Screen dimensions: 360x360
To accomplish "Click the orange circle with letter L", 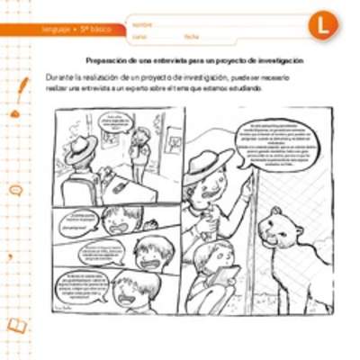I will tap(321, 25).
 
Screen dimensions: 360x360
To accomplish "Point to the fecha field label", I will tap(191, 37).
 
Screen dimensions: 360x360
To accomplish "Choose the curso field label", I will tap(139, 37).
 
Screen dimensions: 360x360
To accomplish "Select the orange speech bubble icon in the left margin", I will tap(15, 190).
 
